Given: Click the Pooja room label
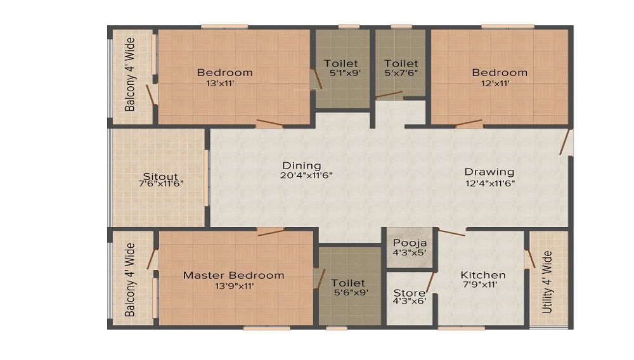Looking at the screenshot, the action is tap(410, 243).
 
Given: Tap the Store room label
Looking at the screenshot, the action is tap(409, 293).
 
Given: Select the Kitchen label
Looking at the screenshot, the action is tap(482, 275).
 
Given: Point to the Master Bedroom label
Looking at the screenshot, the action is tap(234, 276).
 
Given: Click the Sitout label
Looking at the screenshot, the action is tap(160, 177).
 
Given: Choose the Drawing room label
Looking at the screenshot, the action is tap(489, 172).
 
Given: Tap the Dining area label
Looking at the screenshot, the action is tap(302, 165).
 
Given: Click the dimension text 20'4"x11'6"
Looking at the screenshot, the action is tap(306, 176).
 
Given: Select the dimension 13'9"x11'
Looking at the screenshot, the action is tap(234, 286).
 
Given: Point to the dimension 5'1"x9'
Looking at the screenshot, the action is tap(344, 73).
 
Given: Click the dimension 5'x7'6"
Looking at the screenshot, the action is tap(401, 73).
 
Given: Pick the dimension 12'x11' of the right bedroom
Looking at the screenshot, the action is tap(495, 84).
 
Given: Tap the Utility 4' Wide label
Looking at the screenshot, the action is tap(547, 282).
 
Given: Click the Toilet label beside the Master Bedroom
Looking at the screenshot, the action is tap(347, 283).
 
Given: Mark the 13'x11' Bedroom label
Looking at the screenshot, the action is tap(225, 73).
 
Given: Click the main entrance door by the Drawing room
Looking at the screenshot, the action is tap(565, 141).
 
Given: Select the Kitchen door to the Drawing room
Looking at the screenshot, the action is tap(452, 233).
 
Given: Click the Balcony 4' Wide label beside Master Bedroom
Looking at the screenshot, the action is tap(130, 280).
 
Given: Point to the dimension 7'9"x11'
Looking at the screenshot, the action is tap(480, 285).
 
